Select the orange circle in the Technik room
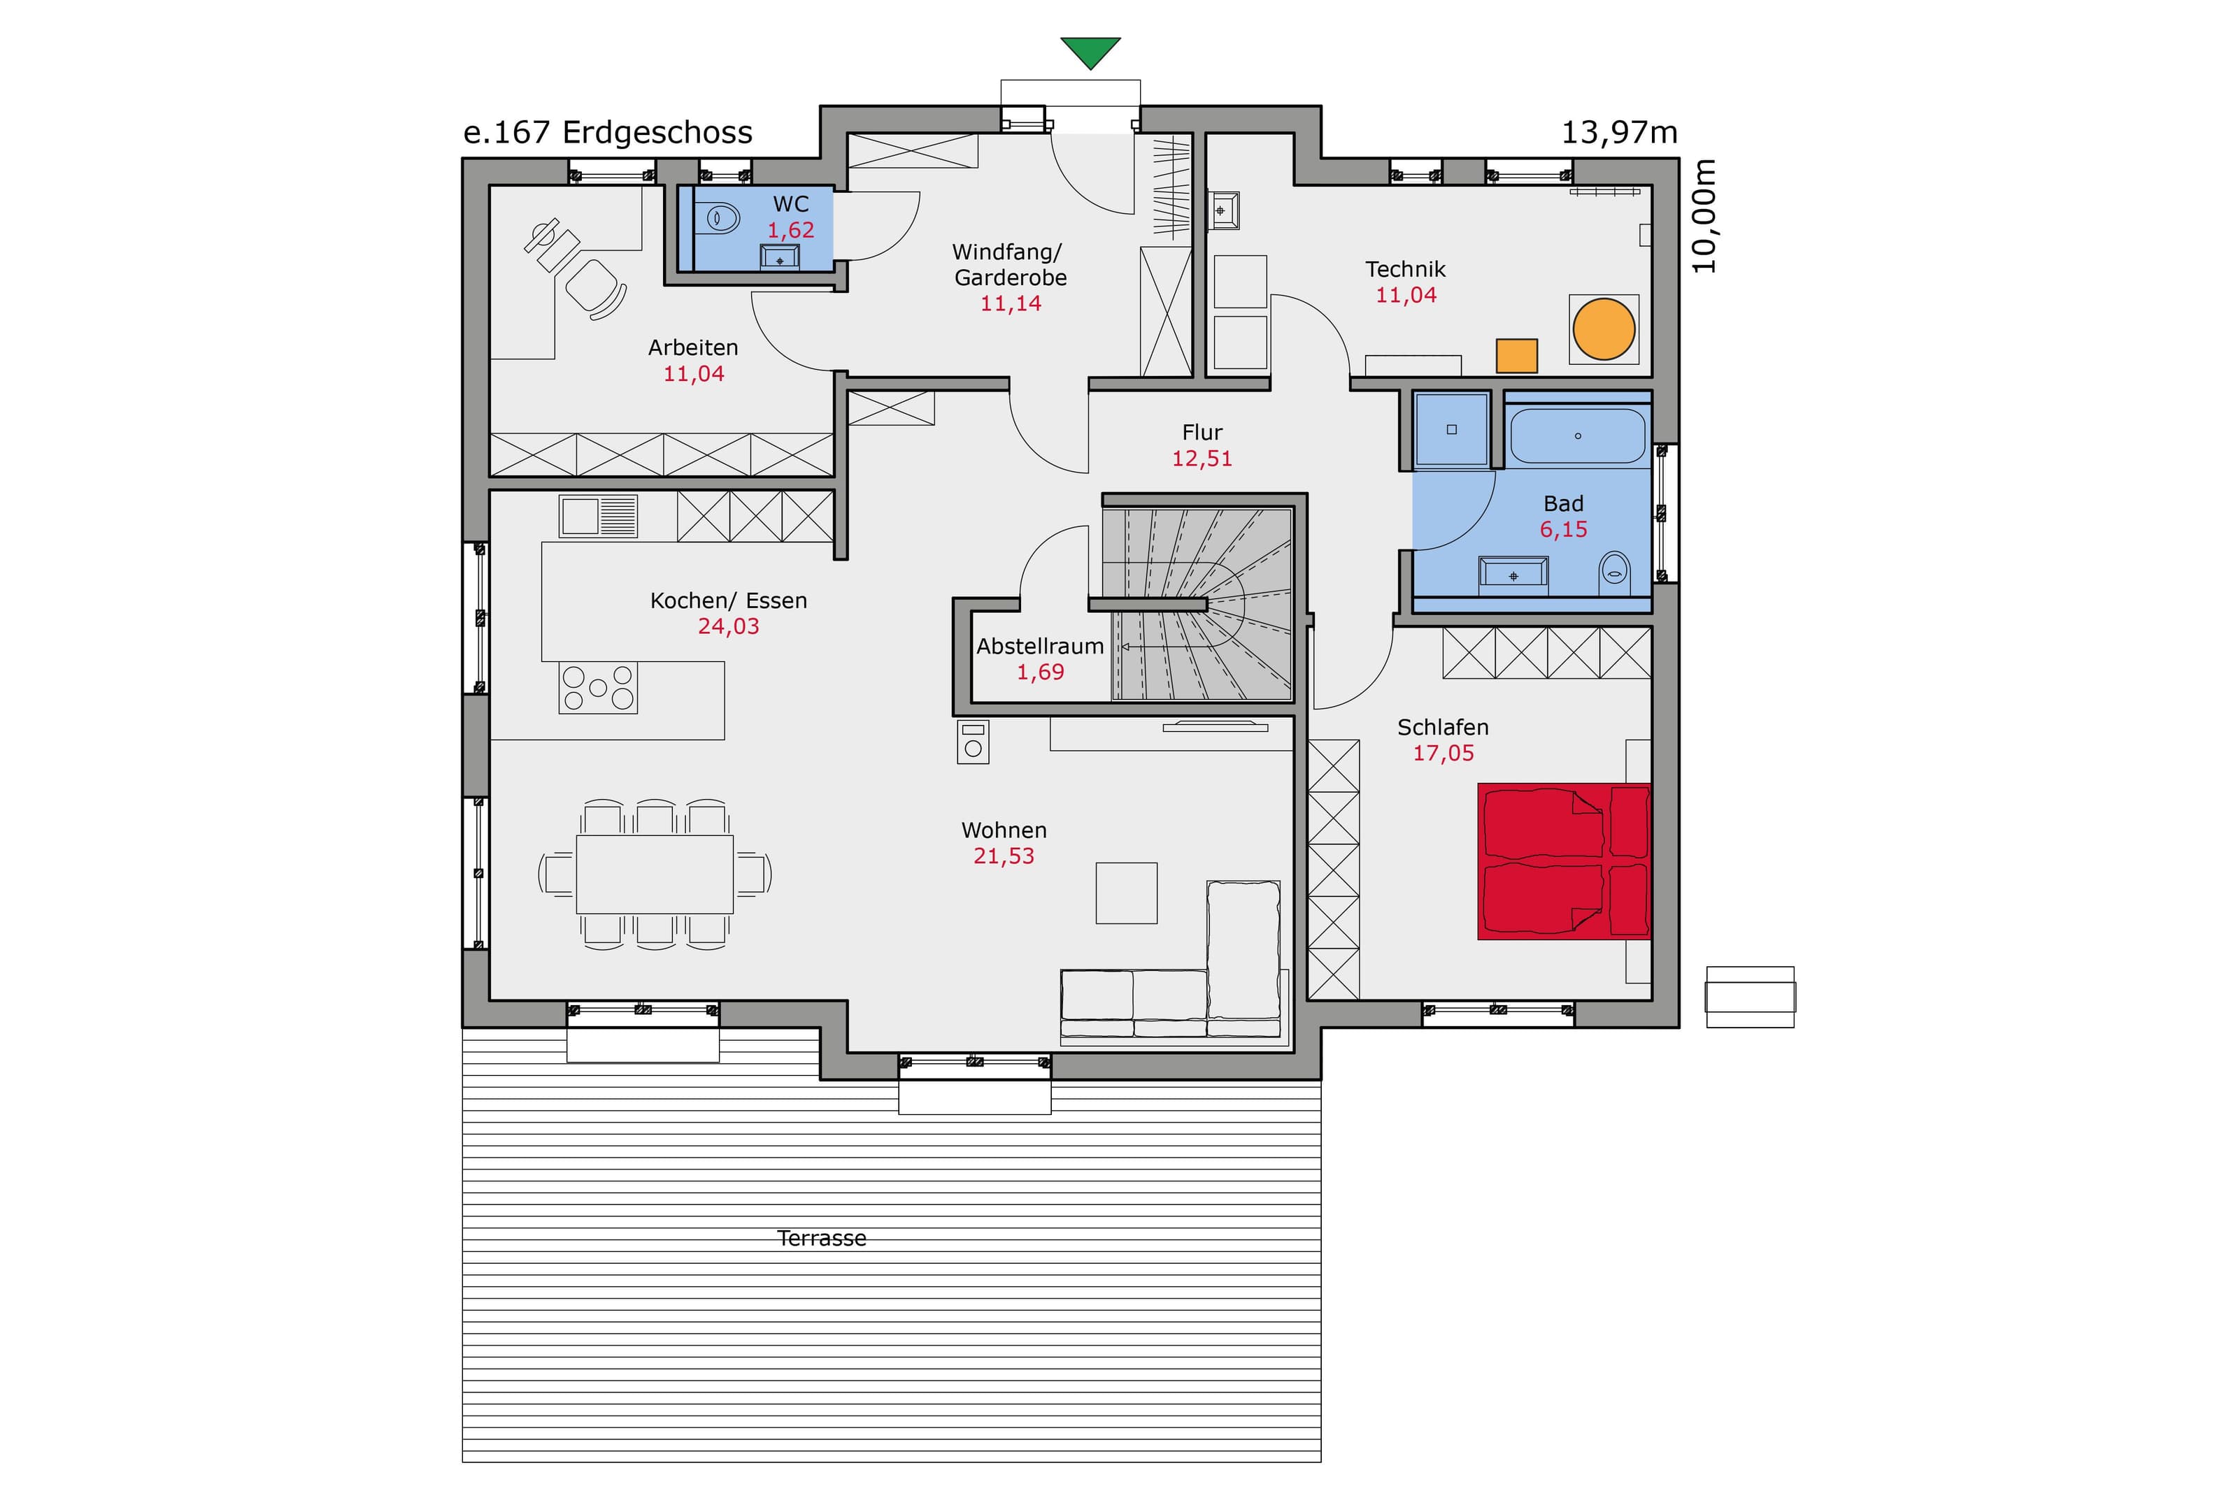[1604, 329]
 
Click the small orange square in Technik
[1516, 356]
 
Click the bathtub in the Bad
[1577, 435]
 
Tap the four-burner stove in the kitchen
[597, 686]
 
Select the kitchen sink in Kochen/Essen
[597, 517]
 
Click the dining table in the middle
[655, 874]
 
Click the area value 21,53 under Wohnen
[1004, 856]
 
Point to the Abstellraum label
[1039, 647]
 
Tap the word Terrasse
[822, 1238]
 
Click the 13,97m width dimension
[1620, 133]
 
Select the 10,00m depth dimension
[1704, 216]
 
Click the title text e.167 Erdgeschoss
[608, 132]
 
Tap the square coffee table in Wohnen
[1126, 893]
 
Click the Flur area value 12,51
[1202, 459]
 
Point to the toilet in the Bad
[1615, 570]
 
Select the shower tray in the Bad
[1451, 430]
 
